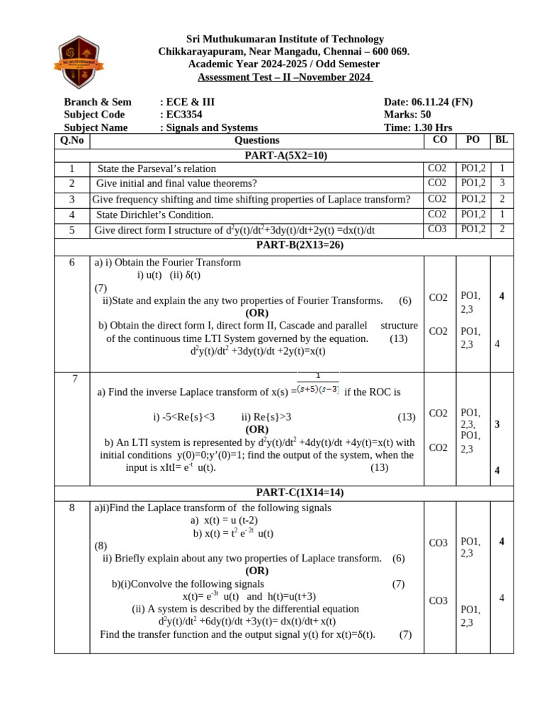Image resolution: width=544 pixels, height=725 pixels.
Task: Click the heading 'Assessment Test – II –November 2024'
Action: (285, 77)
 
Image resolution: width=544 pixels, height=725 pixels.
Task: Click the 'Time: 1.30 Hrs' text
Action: (418, 127)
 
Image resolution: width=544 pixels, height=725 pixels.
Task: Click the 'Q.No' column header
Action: (72, 140)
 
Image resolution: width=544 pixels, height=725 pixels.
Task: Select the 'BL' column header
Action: (501, 140)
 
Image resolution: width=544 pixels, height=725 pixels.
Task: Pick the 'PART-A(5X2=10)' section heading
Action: (285, 155)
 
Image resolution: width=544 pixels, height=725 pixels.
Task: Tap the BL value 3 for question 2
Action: (501, 184)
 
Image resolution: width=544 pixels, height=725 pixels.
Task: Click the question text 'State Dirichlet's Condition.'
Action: (154, 215)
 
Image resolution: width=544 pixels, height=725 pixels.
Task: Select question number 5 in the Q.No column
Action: (72, 230)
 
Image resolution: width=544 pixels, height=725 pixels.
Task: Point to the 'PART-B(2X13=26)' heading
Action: (285, 245)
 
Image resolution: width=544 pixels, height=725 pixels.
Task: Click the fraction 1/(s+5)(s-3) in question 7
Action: (318, 383)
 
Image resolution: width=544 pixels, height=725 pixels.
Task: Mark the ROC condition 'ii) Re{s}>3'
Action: (266, 417)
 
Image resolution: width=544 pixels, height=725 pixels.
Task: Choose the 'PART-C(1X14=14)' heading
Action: (285, 493)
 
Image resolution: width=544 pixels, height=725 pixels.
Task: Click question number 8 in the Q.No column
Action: (72, 508)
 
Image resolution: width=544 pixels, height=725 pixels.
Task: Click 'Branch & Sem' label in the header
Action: (98, 102)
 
